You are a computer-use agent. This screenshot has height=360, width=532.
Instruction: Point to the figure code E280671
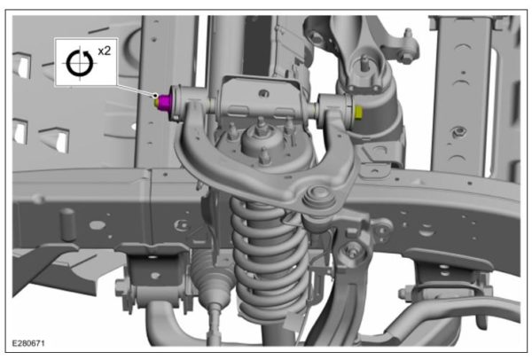34,340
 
